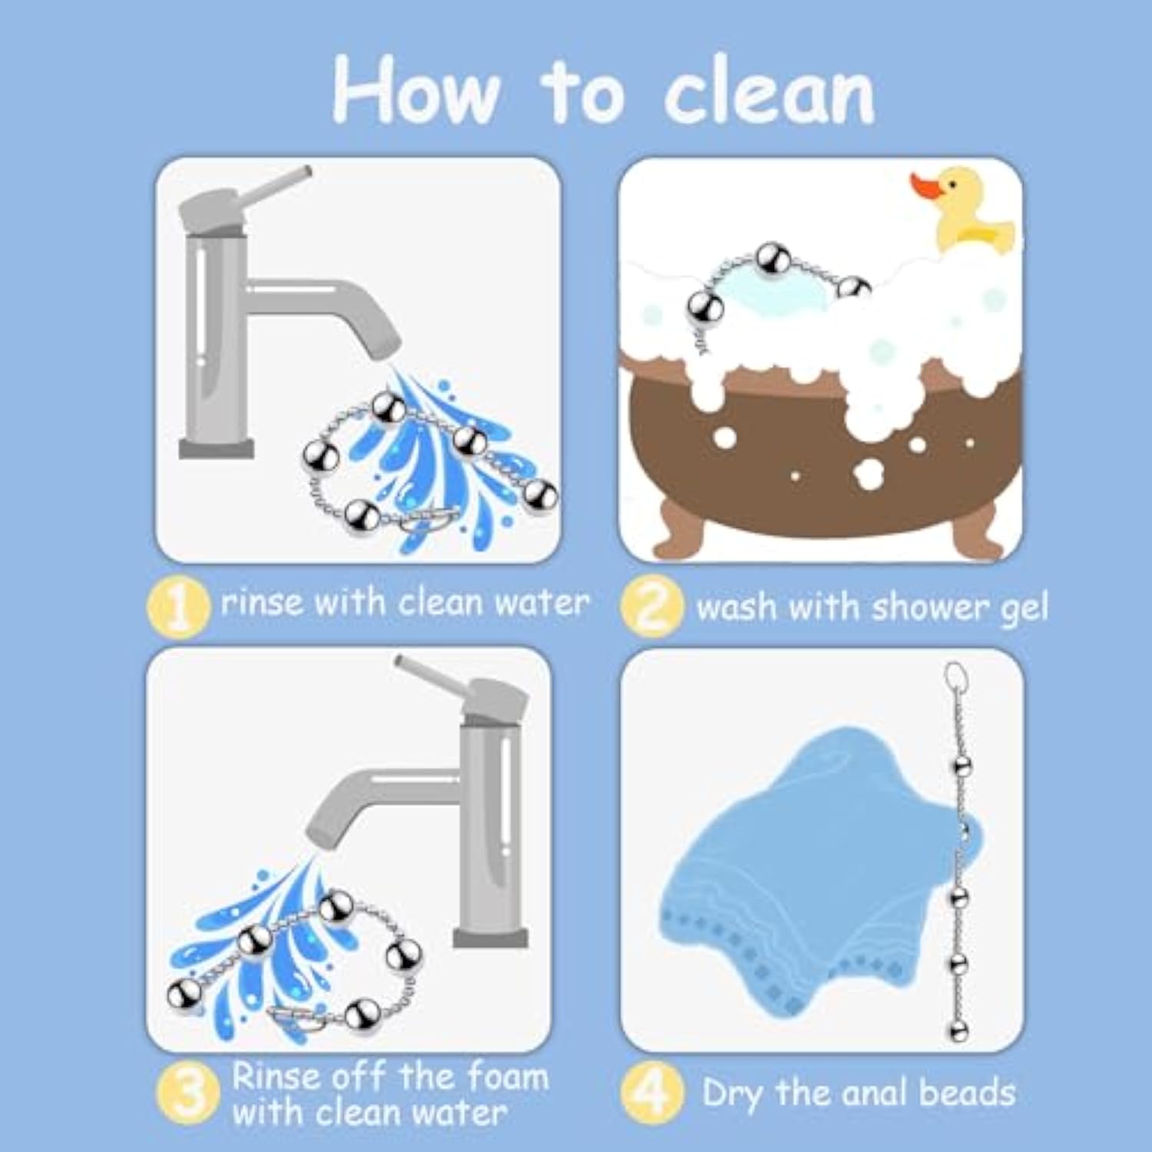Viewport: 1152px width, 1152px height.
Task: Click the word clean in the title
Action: pos(770,92)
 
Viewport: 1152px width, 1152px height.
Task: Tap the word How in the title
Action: pos(416,91)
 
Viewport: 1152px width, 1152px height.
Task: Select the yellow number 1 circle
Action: pos(178,607)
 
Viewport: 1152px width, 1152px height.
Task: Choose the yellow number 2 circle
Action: pos(651,607)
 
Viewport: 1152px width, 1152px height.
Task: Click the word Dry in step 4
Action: pos(732,1094)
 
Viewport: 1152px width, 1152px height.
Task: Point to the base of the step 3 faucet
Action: pos(490,937)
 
